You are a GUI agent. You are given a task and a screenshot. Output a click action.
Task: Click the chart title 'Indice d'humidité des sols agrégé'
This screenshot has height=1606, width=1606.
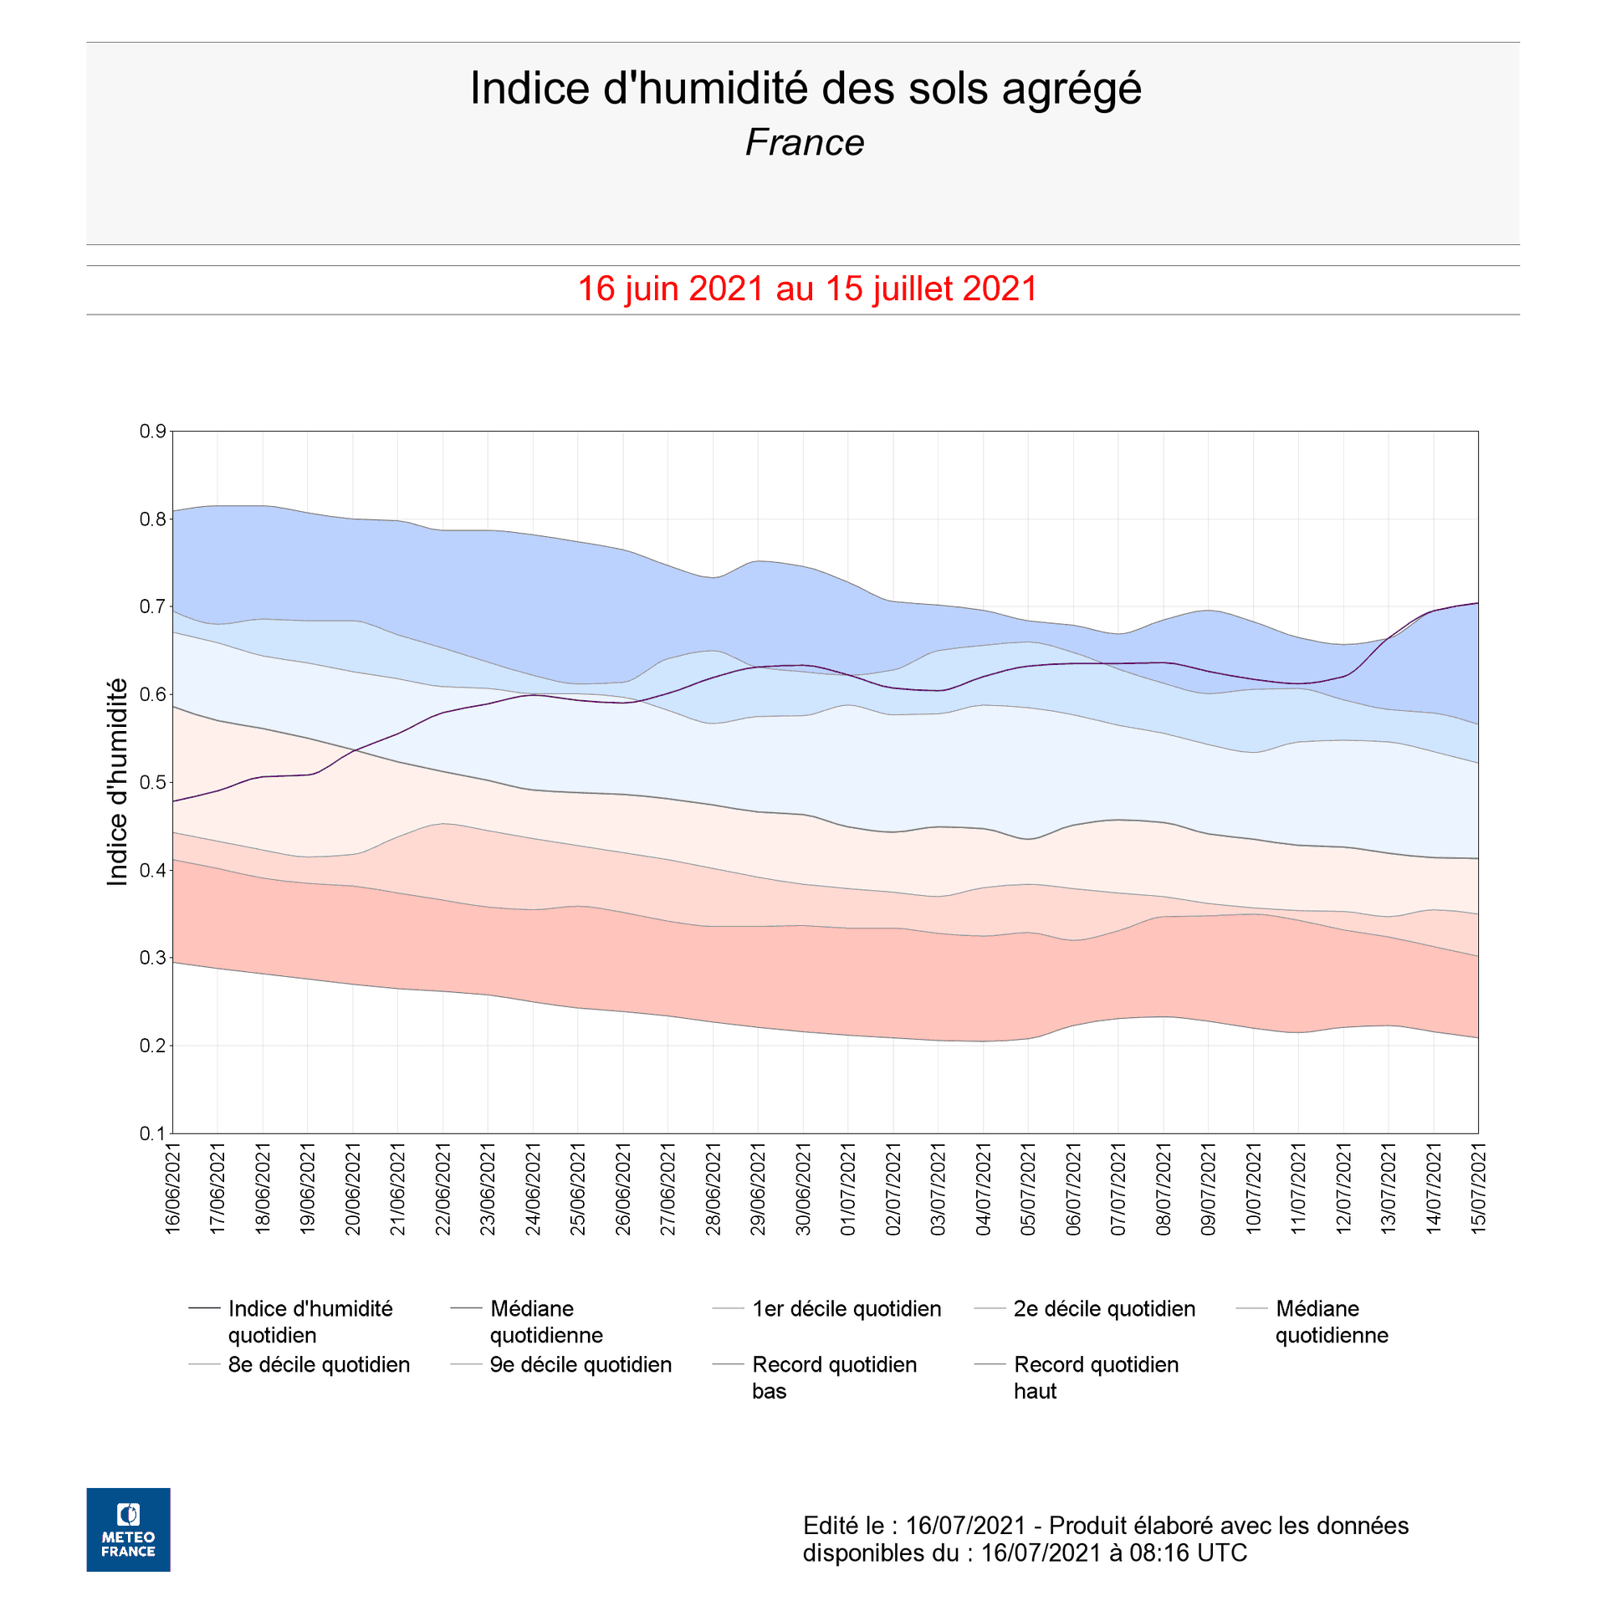click(x=805, y=89)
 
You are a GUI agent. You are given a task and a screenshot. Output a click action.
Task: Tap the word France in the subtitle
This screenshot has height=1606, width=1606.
click(x=805, y=143)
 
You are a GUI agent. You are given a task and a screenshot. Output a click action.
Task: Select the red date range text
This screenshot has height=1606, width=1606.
click(x=807, y=289)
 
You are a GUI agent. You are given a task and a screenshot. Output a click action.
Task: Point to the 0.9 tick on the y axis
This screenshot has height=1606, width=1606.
click(x=152, y=432)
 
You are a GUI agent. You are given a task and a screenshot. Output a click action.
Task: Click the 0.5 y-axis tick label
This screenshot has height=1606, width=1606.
click(x=152, y=782)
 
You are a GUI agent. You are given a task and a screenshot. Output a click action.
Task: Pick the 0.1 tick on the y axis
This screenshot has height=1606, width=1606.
click(x=152, y=1133)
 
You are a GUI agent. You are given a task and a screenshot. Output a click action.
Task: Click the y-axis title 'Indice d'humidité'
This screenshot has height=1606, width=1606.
click(x=118, y=782)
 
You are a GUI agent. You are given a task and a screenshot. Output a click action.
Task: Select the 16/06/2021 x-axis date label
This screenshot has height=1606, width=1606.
click(x=173, y=1189)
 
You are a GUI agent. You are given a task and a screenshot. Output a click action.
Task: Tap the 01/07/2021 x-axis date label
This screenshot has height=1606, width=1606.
click(x=848, y=1189)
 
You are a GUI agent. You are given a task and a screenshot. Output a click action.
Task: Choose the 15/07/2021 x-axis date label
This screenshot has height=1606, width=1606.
click(x=1479, y=1189)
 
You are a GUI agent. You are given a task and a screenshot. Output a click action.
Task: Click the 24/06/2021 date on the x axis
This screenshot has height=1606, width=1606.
click(x=533, y=1189)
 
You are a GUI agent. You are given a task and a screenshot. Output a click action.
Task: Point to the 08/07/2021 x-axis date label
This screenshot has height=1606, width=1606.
click(x=1164, y=1189)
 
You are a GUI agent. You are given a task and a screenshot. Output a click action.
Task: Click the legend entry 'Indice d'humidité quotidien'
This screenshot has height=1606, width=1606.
click(x=309, y=1322)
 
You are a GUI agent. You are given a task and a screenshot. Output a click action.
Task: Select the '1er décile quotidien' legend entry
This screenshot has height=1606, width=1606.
click(x=846, y=1309)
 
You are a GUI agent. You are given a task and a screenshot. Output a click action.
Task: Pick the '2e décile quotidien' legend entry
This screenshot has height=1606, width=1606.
click(x=1104, y=1309)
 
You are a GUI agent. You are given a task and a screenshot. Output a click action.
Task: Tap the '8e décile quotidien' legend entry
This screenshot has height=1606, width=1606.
click(x=319, y=1365)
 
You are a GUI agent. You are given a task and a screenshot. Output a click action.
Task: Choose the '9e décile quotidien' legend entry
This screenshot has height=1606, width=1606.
click(x=581, y=1365)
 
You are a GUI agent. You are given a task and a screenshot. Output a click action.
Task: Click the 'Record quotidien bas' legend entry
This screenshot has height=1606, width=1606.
click(x=834, y=1378)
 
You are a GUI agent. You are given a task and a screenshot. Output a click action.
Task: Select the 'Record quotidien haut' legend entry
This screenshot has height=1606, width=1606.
click(x=1096, y=1378)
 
